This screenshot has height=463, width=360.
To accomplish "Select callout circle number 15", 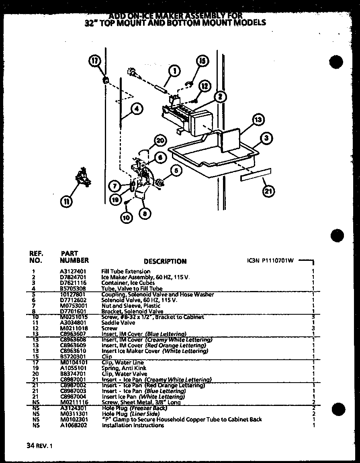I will point(202,61).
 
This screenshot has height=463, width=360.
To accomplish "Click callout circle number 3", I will point(266,139).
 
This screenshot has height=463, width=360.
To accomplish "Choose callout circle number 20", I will point(160,141).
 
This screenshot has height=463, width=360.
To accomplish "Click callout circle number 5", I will point(175,171).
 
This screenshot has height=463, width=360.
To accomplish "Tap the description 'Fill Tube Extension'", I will point(125,271).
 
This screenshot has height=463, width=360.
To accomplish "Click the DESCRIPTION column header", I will point(165,261).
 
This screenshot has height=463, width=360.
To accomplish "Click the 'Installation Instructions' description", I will point(133,425).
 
